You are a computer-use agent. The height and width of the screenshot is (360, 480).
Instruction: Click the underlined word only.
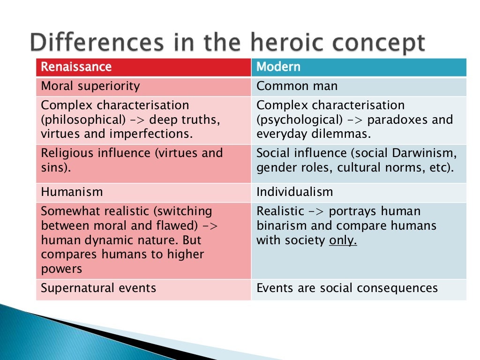(343, 240)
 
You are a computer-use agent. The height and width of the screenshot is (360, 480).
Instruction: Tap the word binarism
(280, 226)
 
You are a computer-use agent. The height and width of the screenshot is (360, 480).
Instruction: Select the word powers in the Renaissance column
(61, 270)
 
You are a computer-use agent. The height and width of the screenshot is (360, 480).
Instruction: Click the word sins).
(56, 168)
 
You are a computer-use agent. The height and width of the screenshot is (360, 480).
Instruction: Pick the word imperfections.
(151, 134)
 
